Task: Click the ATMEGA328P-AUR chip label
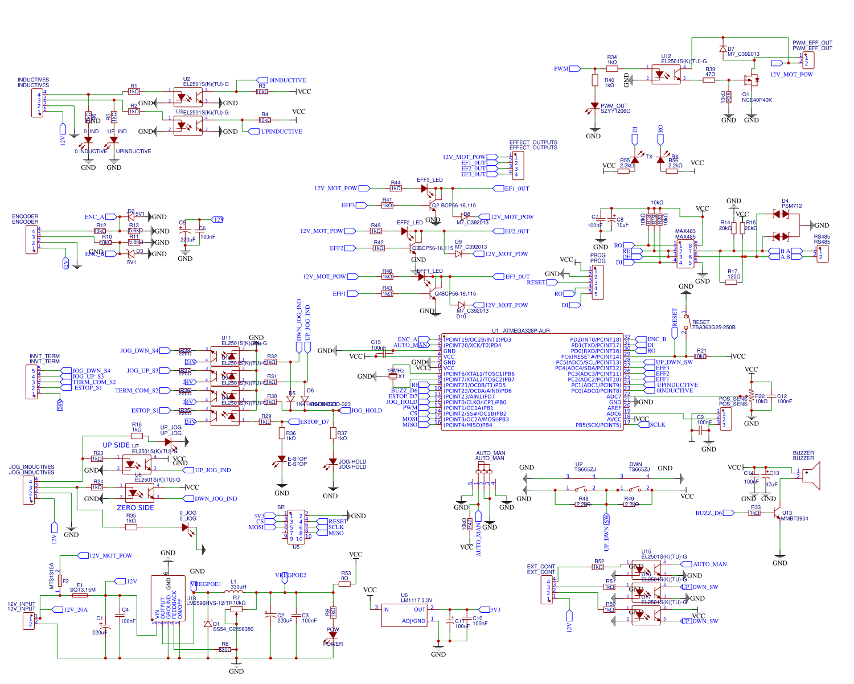point(521,331)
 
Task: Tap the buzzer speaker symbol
point(813,476)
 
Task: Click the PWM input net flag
point(574,69)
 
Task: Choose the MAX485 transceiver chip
point(685,253)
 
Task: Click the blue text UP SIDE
point(116,445)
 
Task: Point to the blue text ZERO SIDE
point(136,508)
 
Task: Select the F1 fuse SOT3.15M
point(80,595)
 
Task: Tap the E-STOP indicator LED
point(282,459)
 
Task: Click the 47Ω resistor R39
point(709,80)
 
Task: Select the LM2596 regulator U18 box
point(168,598)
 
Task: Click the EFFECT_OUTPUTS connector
point(517,165)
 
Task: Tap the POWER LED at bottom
point(333,635)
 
